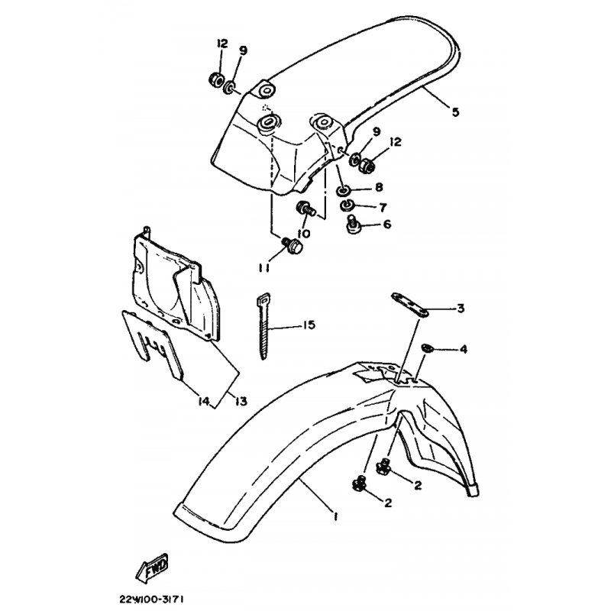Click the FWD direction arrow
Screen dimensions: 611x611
coord(152,567)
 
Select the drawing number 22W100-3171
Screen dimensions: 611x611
coord(151,599)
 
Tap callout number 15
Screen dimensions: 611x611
coord(309,325)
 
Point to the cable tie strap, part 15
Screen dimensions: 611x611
coord(263,326)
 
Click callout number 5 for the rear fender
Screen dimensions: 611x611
coord(455,112)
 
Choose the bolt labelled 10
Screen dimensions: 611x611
coord(306,207)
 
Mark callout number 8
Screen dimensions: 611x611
coord(379,187)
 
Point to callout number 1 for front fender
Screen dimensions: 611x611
coord(335,517)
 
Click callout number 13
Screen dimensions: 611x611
coord(241,401)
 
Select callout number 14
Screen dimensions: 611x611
coord(204,400)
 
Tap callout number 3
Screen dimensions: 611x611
coord(461,309)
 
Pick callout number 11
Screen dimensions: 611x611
coord(263,269)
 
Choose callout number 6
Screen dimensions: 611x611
coord(387,224)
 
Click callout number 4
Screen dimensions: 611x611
coord(464,349)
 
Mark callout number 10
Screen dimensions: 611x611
coord(303,234)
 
